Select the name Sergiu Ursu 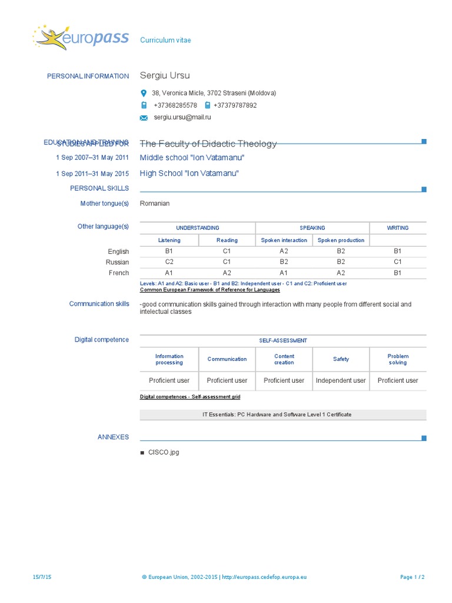click(165, 75)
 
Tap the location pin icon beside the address click(144, 93)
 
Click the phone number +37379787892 click(235, 105)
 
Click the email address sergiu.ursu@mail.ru click(182, 117)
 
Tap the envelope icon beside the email click(144, 118)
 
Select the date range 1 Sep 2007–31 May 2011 click(92, 158)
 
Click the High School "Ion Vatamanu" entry click(189, 174)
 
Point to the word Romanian click(154, 204)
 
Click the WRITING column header click(398, 228)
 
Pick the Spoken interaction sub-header click(284, 240)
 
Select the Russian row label click(117, 262)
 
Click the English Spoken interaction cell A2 click(284, 251)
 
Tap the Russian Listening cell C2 click(169, 261)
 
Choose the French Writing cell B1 click(398, 273)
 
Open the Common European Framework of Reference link click(210, 290)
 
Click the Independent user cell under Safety click(341, 380)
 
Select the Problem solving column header click(398, 359)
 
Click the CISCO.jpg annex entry click(164, 452)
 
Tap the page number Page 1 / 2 click(412, 577)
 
